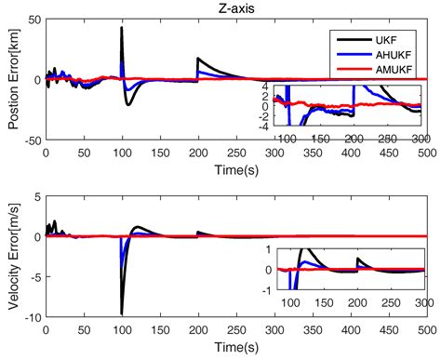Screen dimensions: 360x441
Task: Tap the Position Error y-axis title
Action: pos(10,79)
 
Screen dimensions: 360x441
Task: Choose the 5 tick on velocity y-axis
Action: pos(33,197)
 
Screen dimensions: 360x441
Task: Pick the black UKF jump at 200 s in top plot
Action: pos(197,59)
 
